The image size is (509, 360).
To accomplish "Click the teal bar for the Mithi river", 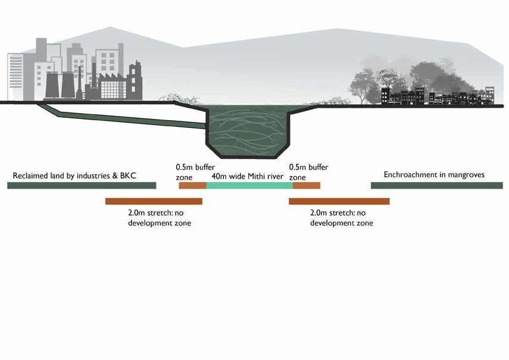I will point(249,186).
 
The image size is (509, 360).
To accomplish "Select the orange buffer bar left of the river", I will point(192,186).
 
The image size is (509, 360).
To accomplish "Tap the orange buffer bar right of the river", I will point(306,186).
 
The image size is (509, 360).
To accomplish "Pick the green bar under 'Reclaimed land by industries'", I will point(82,186).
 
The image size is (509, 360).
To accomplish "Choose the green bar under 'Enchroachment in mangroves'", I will point(436,186).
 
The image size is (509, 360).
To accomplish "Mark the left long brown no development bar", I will point(154,201).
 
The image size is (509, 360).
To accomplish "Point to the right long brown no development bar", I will point(339,201).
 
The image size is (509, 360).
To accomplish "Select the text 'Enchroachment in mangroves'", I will point(434,175).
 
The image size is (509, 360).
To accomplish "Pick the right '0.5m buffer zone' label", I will point(308,172).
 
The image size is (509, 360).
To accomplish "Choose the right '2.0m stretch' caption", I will point(342,217).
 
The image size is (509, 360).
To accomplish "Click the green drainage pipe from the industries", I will point(131,118).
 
